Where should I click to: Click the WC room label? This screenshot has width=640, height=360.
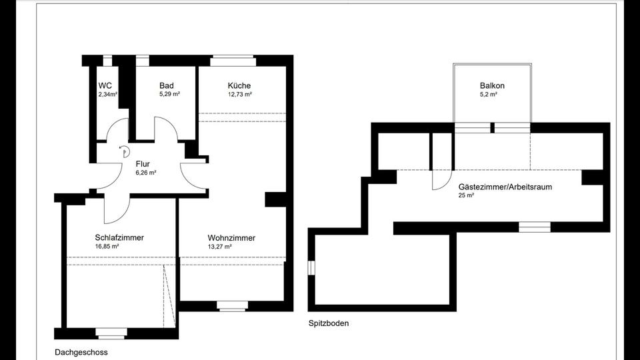click(x=105, y=86)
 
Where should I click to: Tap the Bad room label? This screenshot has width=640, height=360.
click(x=167, y=86)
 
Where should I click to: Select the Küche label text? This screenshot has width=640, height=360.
click(x=239, y=86)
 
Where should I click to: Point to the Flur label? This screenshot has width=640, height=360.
click(x=142, y=163)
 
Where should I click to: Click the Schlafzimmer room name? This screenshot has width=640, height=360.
click(x=119, y=237)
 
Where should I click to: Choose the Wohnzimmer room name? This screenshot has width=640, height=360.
click(x=231, y=238)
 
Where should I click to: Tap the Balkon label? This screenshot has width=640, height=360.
click(x=492, y=86)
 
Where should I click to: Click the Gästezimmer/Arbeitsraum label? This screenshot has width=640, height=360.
click(x=505, y=187)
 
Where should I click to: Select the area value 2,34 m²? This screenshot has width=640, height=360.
click(x=107, y=95)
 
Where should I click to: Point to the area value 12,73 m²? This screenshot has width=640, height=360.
click(x=239, y=95)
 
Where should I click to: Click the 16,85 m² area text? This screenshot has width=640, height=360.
click(x=107, y=246)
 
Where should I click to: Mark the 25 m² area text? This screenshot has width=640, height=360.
click(x=466, y=196)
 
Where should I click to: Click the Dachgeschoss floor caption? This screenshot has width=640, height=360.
click(x=81, y=352)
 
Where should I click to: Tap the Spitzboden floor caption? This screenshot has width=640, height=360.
click(x=329, y=323)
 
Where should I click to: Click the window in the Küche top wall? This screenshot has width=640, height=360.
click(x=233, y=61)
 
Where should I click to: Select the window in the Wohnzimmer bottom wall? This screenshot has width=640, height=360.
click(x=231, y=306)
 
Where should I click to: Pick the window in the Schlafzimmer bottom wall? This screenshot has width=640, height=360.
click(x=110, y=332)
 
